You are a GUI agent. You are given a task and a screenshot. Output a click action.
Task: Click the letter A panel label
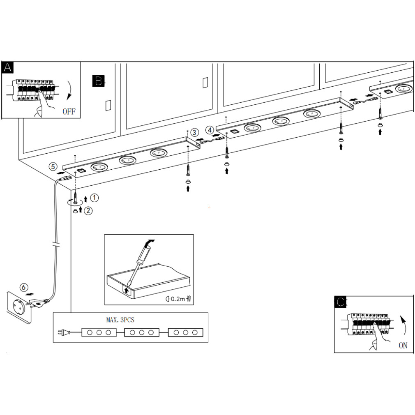click(7, 68)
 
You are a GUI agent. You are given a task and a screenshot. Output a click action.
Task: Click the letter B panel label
click(99, 81)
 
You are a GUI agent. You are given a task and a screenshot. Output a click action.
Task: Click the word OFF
click(69, 111)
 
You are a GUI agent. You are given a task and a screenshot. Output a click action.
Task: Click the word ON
click(403, 346)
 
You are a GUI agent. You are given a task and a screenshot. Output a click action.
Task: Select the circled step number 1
click(95, 198)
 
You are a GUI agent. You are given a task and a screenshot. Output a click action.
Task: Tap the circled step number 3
click(194, 132)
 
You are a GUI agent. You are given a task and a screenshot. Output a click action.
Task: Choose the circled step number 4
click(210, 131)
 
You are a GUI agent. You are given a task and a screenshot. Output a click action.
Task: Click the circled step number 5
click(53, 166)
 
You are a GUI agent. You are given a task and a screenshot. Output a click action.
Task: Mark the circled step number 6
click(24, 288)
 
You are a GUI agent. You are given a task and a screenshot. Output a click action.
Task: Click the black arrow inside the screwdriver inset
click(126, 290)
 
